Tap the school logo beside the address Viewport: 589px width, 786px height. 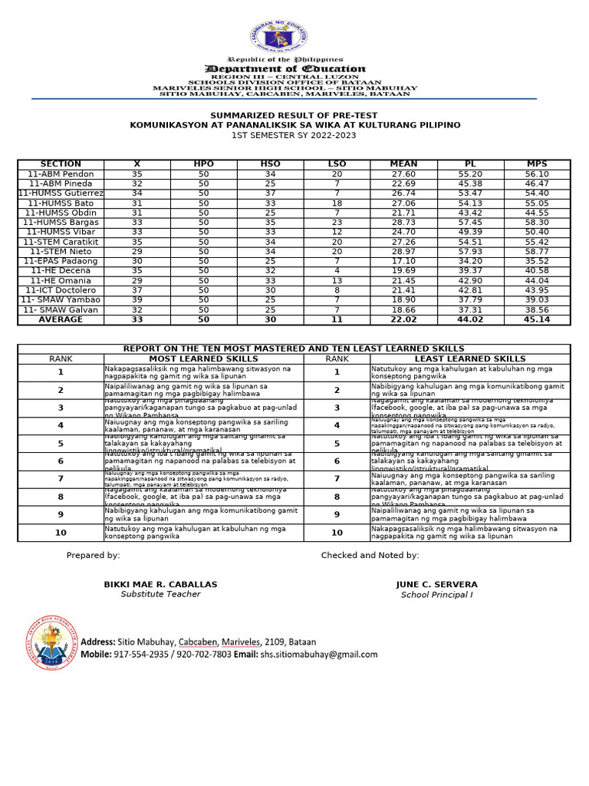coord(49,642)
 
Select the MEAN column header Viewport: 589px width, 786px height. coord(403,164)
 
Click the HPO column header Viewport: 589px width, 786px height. coord(203,164)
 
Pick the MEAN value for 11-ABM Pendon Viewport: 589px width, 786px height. coord(403,174)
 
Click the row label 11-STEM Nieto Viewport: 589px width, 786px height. coord(61,252)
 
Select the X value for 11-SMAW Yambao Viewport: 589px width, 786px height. coord(137,300)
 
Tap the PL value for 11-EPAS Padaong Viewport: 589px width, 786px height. coord(471,261)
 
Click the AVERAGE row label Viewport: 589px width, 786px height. coord(61,319)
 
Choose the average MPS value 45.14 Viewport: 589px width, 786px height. coord(537,319)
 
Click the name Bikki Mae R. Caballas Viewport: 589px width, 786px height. coord(160,584)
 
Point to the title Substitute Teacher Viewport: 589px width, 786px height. coord(160,594)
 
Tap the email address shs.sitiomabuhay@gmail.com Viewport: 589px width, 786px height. coord(317,655)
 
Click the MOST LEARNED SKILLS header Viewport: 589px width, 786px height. coord(203,358)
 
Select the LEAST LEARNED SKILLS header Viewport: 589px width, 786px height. coord(470,358)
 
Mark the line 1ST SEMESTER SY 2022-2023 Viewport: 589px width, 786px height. coord(294,135)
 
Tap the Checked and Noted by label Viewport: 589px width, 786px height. coord(370,555)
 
